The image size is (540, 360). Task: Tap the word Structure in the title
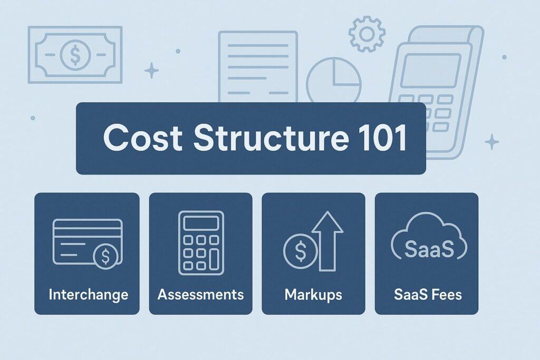(271, 138)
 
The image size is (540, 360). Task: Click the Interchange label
(88, 295)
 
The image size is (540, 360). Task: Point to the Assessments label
(201, 295)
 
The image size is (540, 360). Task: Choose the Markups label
(313, 295)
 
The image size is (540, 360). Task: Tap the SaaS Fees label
(428, 295)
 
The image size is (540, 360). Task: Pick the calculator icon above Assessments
(201, 243)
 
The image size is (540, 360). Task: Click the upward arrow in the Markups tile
(327, 241)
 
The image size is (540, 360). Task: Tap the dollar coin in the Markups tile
(300, 251)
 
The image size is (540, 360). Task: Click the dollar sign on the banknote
(75, 55)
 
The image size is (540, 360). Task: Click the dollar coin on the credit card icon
(105, 256)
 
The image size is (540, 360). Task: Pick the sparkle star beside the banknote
(151, 71)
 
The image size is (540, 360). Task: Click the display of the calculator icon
(201, 223)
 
